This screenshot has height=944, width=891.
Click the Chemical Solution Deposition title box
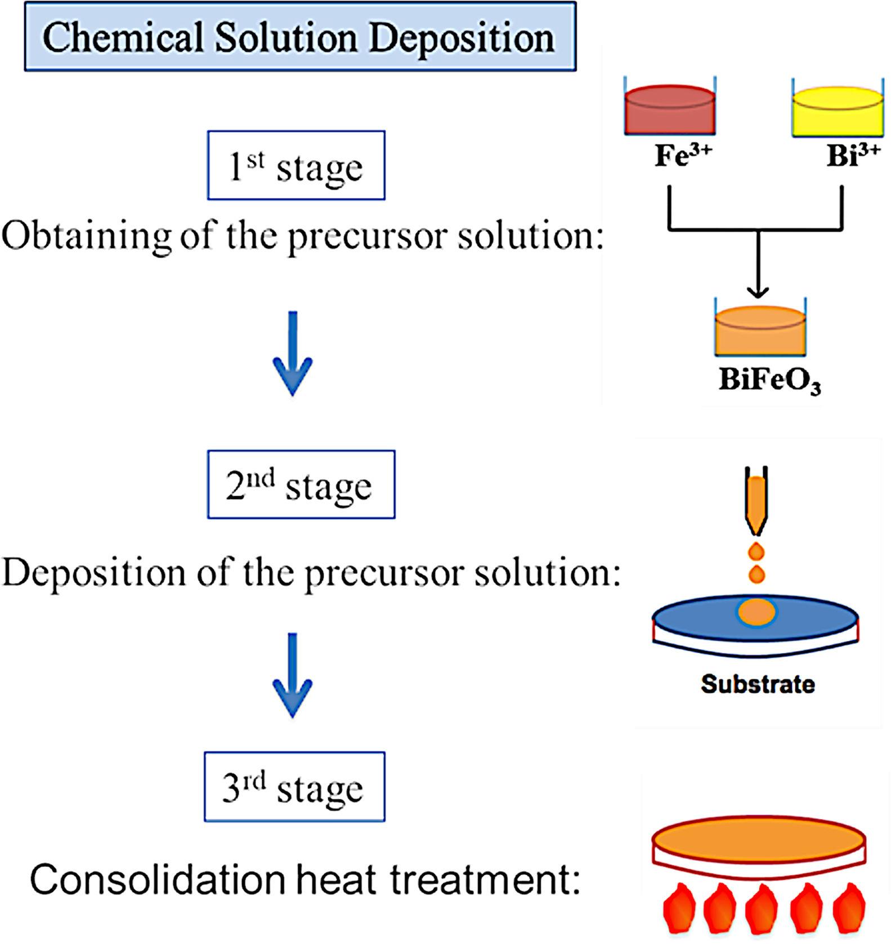(300, 37)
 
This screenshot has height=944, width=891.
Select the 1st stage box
(296, 166)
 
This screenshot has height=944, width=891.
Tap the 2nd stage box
(301, 484)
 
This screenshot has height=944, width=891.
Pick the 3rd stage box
(294, 787)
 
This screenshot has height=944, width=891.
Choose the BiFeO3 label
(769, 380)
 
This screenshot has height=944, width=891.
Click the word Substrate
(758, 684)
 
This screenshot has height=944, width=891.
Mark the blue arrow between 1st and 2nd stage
(293, 354)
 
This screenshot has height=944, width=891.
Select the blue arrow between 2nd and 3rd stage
(293, 675)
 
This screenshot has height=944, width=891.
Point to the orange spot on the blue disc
(756, 612)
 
